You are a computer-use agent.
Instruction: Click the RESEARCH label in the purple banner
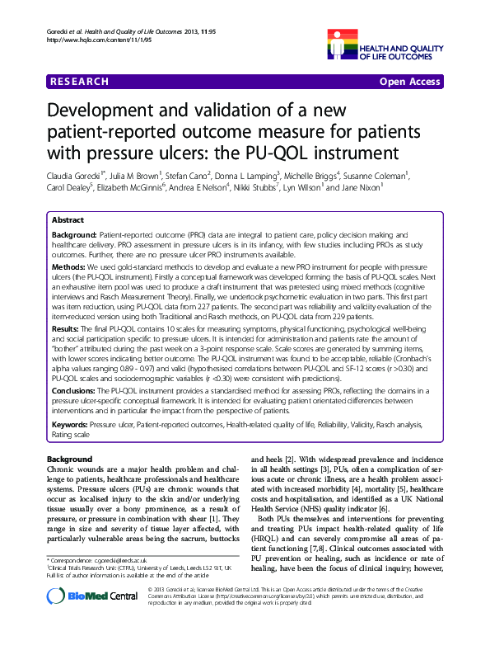coord(79,82)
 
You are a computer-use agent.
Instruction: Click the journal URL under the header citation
coord(79,40)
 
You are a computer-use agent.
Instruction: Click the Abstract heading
coord(68,221)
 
